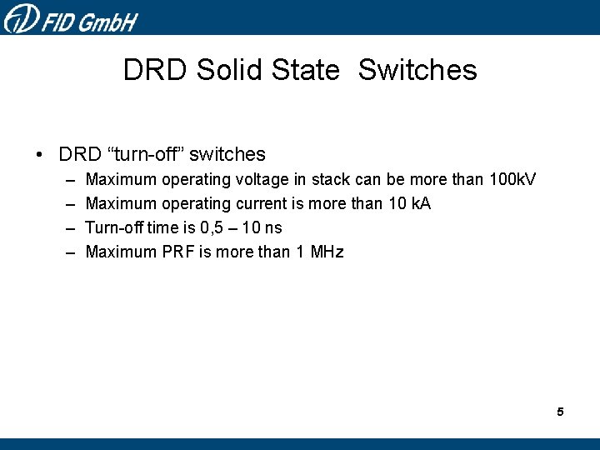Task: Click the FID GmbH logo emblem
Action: (x=20, y=17)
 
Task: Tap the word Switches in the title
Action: (x=417, y=70)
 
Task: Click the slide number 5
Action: (x=560, y=412)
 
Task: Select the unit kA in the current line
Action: (x=420, y=204)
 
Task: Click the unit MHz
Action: (x=327, y=252)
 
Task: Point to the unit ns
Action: (x=272, y=228)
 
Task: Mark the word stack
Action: (x=331, y=180)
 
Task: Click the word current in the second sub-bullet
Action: (x=262, y=204)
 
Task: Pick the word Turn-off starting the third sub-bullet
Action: (x=114, y=228)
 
